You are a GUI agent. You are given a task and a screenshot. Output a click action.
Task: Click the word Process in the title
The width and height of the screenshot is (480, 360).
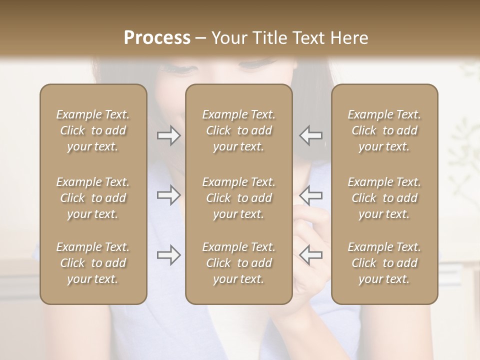(157, 38)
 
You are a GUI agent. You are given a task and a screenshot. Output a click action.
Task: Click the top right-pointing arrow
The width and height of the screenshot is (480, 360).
(168, 135)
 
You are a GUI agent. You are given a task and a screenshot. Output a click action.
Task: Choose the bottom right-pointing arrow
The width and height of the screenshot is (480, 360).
(168, 255)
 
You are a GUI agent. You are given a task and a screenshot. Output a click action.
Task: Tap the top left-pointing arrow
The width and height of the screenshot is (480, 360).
(310, 135)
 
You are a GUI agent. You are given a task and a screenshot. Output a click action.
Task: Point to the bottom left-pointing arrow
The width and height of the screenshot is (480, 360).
(310, 255)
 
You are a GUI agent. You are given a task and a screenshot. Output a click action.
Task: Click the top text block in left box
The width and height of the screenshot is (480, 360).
(93, 130)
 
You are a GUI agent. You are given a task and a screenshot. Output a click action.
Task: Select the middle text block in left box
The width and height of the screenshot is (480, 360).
(93, 198)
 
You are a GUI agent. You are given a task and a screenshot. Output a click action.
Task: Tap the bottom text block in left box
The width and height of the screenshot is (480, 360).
(93, 263)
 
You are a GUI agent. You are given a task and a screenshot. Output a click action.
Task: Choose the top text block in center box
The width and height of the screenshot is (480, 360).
(239, 130)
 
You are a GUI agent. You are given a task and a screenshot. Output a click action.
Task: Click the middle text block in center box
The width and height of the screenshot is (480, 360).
(239, 198)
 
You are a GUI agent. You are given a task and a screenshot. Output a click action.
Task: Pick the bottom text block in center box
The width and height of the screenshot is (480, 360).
(239, 263)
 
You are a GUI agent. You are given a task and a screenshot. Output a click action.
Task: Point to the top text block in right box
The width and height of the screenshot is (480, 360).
(384, 130)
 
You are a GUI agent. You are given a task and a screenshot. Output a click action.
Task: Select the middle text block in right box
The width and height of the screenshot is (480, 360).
(384, 198)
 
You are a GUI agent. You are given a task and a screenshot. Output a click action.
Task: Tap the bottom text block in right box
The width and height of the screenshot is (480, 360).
(384, 263)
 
